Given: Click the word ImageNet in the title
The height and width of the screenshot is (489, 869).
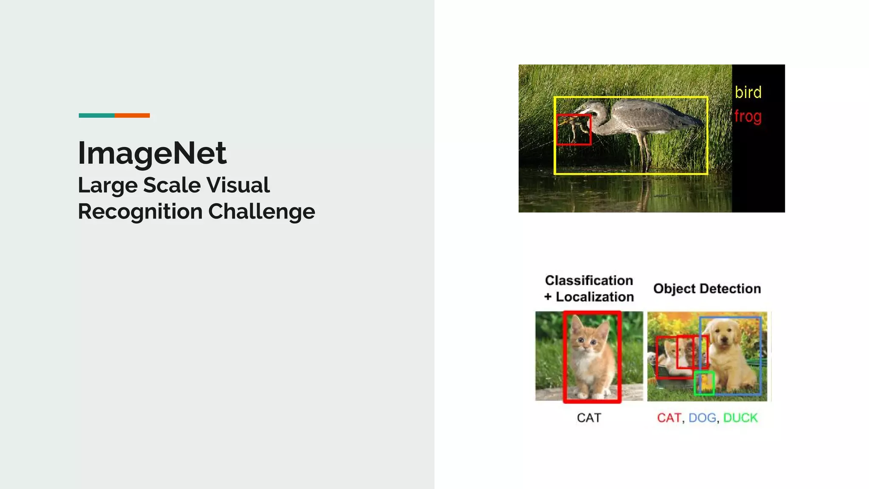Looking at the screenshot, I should [x=152, y=153].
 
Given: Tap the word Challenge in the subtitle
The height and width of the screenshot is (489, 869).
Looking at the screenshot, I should [x=261, y=211].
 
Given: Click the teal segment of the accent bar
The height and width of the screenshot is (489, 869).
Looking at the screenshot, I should [x=96, y=115].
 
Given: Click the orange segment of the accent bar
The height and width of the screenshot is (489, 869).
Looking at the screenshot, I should [x=132, y=115].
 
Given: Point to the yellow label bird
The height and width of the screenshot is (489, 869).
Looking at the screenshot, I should [x=748, y=93].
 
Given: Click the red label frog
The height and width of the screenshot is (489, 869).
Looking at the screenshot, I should [x=748, y=117].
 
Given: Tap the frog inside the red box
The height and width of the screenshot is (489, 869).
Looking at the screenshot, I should [x=573, y=127].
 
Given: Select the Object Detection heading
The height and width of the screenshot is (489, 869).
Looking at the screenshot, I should [x=707, y=289].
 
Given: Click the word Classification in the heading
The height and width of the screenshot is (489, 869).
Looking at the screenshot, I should [x=589, y=281].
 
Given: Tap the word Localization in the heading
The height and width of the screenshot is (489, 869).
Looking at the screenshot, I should [x=595, y=297].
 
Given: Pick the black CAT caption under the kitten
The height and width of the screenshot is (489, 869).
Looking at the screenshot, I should [x=589, y=418].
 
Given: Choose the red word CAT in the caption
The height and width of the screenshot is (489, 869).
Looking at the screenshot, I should [x=669, y=418].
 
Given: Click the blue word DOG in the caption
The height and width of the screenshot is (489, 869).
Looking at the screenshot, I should [x=702, y=418].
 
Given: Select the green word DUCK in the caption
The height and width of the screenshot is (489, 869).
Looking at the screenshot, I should [x=740, y=418].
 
